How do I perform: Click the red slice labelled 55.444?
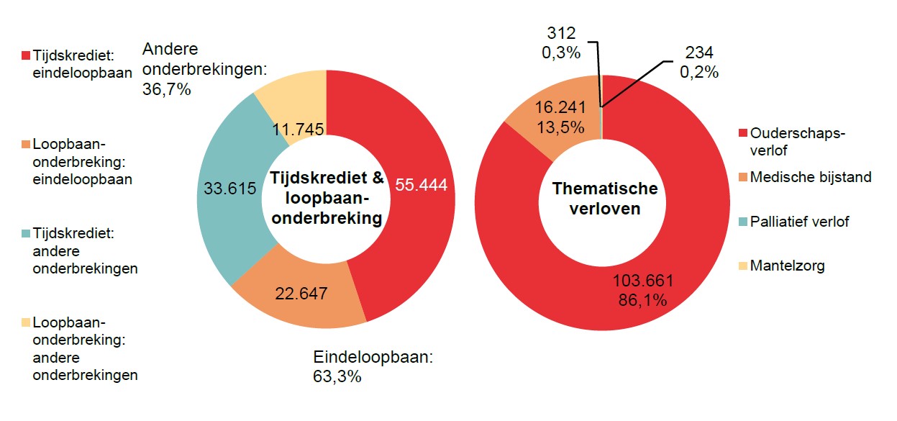(421, 185)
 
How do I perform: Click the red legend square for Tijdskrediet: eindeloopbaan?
(26, 55)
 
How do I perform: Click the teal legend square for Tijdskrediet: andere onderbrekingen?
(26, 234)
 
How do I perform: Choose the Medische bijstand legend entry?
(810, 177)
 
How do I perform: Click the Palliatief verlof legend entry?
(798, 222)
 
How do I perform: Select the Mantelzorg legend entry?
(787, 266)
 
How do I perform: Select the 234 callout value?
(698, 53)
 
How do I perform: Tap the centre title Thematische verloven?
(604, 199)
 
